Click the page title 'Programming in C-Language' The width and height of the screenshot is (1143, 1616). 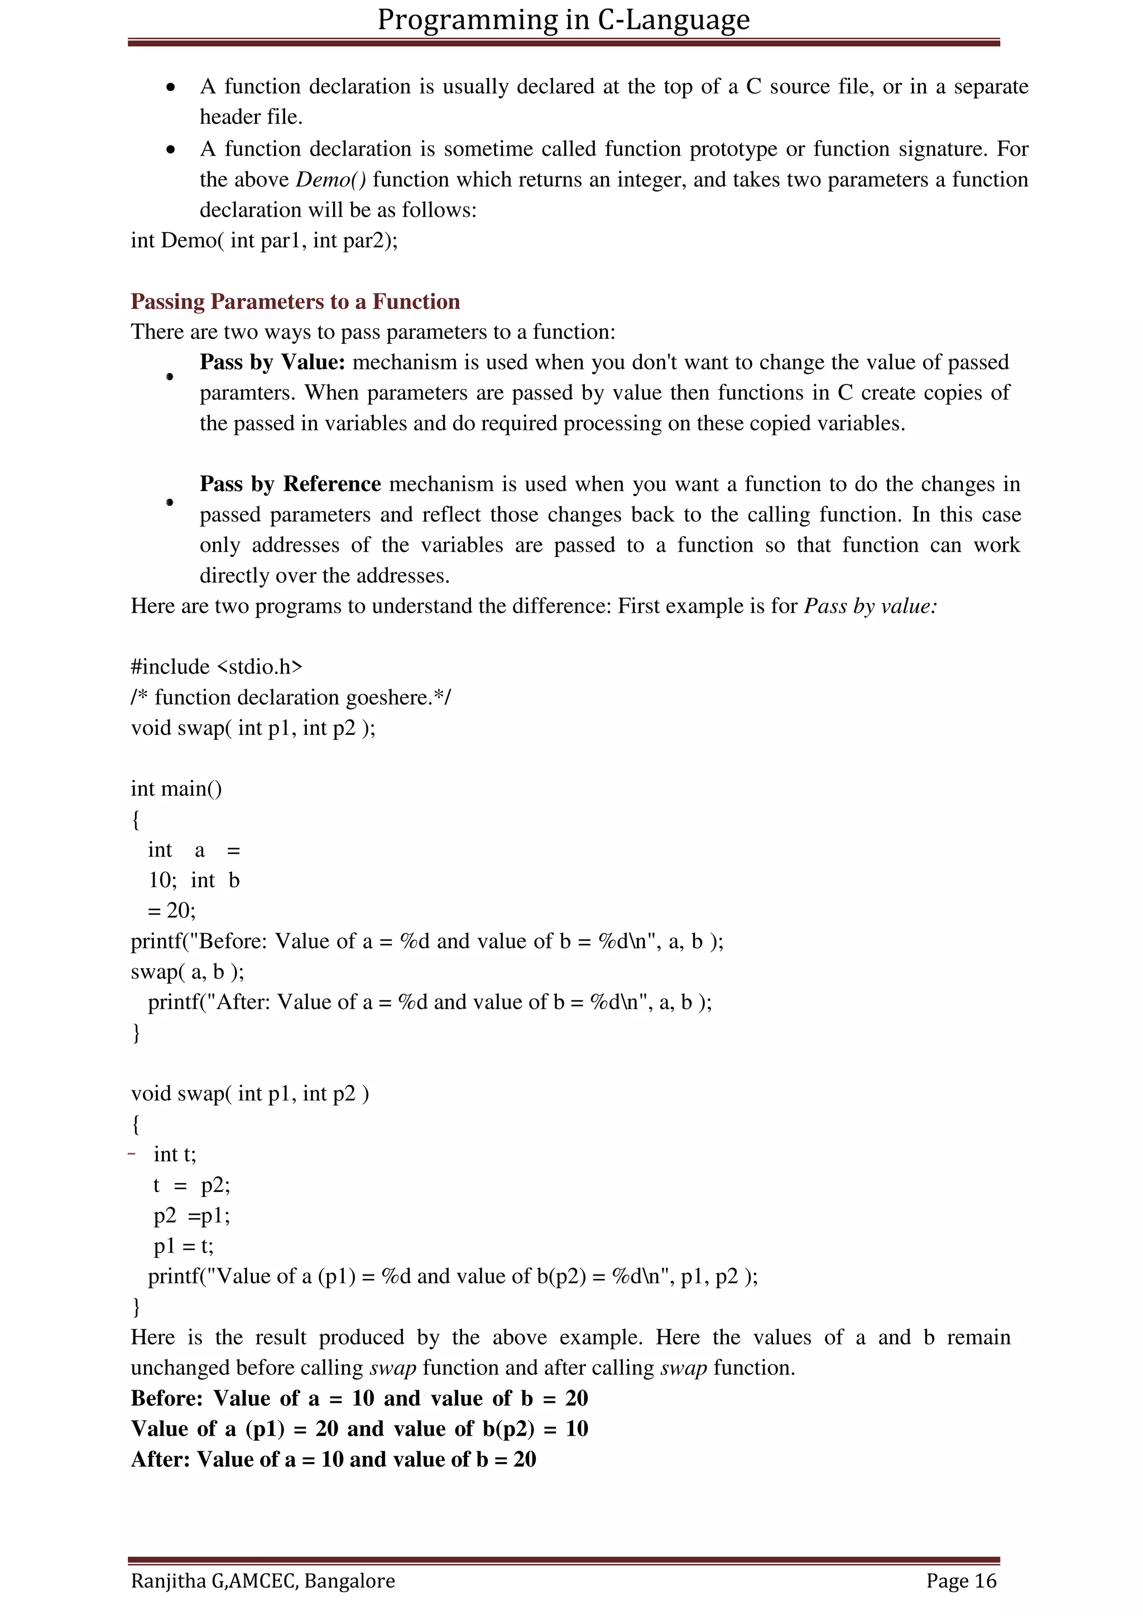(x=563, y=20)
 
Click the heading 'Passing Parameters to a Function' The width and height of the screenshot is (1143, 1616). (x=295, y=301)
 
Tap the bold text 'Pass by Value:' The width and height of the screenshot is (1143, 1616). (x=272, y=362)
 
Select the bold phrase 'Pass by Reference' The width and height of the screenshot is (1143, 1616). (x=290, y=484)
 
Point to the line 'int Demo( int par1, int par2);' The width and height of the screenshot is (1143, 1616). (x=264, y=241)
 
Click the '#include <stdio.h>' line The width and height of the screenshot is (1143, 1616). (x=216, y=666)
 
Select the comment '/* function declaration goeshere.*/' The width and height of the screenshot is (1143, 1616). (x=291, y=697)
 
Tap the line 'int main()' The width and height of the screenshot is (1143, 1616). (x=176, y=788)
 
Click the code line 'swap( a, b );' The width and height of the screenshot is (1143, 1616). (x=187, y=971)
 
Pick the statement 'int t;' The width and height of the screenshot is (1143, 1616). (x=175, y=1155)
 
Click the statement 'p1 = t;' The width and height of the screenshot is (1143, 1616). (x=183, y=1246)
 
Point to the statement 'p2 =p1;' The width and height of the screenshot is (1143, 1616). (x=191, y=1215)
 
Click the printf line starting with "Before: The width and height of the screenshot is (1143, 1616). (x=426, y=941)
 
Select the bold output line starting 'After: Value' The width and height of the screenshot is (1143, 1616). (x=333, y=1459)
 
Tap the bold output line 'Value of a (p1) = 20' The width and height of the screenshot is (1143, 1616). (x=359, y=1429)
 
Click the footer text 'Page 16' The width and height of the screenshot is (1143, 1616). (x=960, y=1581)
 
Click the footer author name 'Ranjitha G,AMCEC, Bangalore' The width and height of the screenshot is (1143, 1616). (x=262, y=1581)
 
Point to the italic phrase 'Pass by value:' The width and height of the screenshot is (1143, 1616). (x=871, y=606)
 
